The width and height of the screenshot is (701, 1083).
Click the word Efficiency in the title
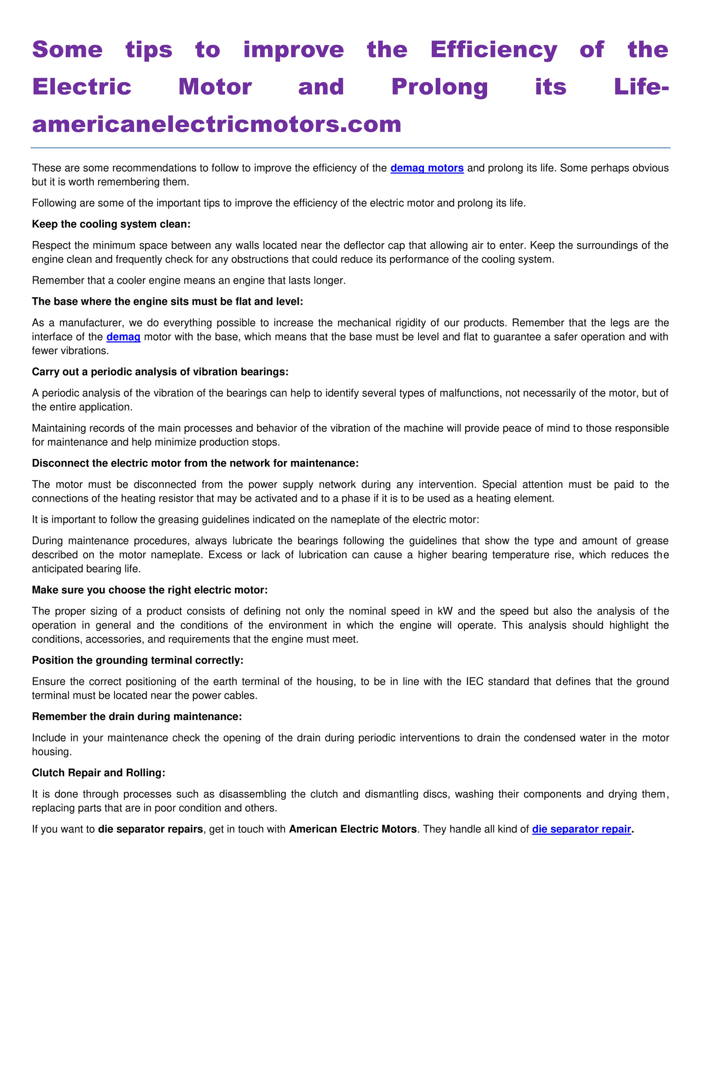[494, 50]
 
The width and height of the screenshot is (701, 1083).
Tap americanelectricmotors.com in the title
[217, 124]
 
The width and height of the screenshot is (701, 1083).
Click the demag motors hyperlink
[427, 168]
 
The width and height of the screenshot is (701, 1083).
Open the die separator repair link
[581, 829]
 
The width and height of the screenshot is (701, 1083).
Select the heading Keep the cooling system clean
[111, 224]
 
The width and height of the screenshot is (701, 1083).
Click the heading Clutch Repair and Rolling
[98, 773]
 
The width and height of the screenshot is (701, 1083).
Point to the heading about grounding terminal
[138, 660]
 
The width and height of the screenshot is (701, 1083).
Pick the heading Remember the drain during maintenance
[136, 717]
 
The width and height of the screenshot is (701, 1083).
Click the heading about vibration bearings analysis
[160, 372]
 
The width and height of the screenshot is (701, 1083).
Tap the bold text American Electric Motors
[353, 829]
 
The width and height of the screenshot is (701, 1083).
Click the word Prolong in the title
[439, 87]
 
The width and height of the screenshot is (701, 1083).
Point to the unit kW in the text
[445, 611]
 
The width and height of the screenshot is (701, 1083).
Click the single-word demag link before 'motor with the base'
[123, 337]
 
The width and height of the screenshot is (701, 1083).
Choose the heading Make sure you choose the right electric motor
[150, 590]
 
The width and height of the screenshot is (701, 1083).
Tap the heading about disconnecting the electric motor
[195, 463]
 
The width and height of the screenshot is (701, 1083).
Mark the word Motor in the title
[215, 87]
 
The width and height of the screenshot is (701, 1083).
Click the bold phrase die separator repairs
[150, 829]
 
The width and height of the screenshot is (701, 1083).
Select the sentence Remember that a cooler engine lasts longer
[189, 280]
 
